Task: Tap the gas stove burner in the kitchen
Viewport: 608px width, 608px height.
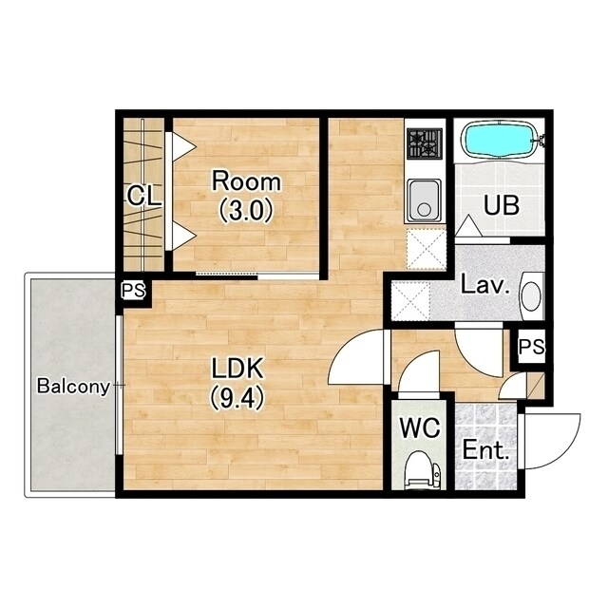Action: [425, 143]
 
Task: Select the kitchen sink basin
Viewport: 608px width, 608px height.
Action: [425, 201]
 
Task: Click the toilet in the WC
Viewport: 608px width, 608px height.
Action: [421, 470]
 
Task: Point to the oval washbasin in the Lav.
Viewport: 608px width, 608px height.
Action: [531, 296]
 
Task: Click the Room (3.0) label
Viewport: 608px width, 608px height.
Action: [246, 197]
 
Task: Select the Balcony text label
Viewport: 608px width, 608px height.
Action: [74, 387]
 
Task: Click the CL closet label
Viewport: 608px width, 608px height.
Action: [143, 196]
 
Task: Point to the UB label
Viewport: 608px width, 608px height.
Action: [502, 205]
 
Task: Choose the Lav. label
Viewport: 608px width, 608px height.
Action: [485, 285]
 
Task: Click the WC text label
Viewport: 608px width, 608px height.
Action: [420, 428]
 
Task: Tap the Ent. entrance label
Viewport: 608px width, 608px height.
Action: [485, 450]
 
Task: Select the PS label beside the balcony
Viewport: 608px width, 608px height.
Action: [134, 290]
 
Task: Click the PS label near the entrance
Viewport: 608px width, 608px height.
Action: [532, 346]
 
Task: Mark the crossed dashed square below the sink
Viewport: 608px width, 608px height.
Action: [427, 249]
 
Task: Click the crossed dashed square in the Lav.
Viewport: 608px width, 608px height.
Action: [410, 301]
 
